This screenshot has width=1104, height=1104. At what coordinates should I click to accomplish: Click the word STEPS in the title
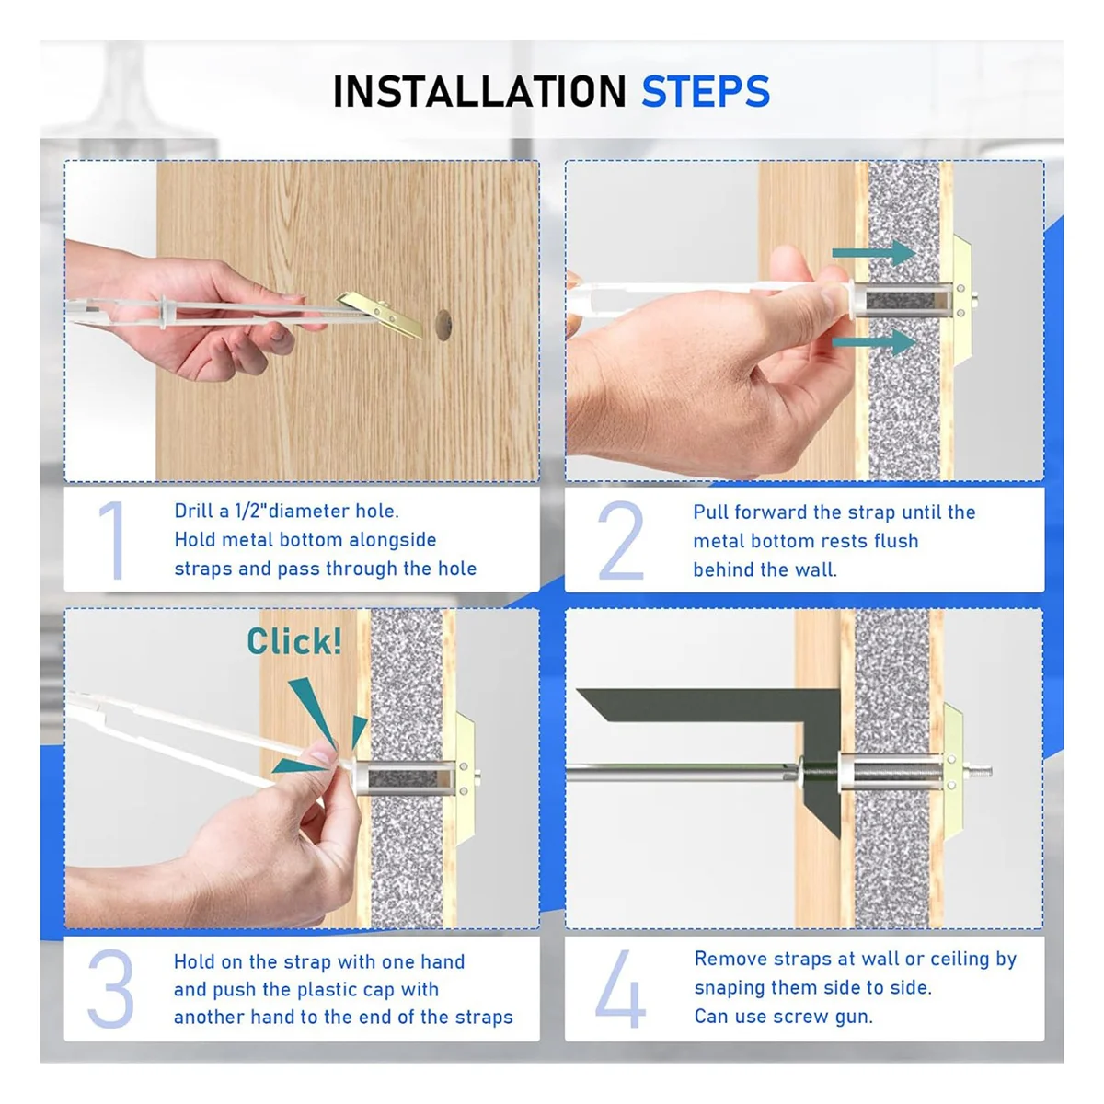(x=706, y=91)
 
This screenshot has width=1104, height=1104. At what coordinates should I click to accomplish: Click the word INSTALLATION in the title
(x=479, y=91)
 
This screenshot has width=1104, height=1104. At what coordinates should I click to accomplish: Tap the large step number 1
(x=113, y=540)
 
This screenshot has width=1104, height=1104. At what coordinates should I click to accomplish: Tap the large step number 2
(x=620, y=540)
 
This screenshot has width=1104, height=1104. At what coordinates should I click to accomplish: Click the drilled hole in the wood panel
(x=443, y=326)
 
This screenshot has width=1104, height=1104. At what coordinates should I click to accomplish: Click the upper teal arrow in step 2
(x=874, y=253)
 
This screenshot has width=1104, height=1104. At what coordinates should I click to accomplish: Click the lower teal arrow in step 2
(x=874, y=342)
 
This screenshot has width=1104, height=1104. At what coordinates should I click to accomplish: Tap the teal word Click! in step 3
(x=293, y=640)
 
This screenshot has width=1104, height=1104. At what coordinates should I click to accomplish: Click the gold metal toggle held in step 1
(x=380, y=313)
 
